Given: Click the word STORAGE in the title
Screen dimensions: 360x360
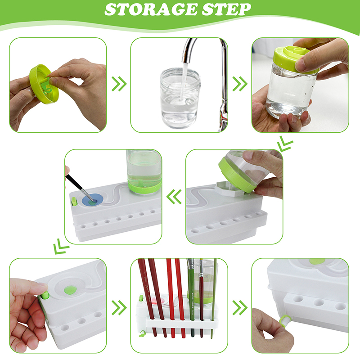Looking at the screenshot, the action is click(x=151, y=9).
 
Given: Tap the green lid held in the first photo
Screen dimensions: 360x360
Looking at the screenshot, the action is click(x=44, y=84).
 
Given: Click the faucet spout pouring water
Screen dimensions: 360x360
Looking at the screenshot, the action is click(x=189, y=50).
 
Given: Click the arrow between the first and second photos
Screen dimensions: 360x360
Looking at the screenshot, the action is click(x=119, y=84).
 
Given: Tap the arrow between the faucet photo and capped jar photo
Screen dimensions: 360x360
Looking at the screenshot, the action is click(x=240, y=84).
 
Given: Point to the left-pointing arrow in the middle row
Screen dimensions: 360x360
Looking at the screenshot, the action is click(x=174, y=197).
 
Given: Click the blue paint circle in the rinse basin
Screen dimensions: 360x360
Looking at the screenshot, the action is click(x=92, y=200).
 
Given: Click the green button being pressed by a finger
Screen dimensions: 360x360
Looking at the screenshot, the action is click(x=44, y=295).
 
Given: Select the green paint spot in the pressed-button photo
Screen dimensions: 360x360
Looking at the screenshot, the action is click(x=70, y=290).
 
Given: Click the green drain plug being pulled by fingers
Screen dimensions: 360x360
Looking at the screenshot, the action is click(x=285, y=320).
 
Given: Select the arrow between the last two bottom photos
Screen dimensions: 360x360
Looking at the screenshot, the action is click(x=240, y=308).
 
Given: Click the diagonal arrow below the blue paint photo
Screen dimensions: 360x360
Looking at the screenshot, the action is click(x=61, y=246).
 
